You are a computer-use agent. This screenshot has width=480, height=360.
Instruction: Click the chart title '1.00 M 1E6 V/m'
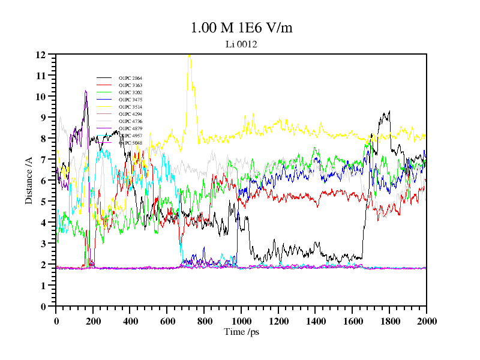(241, 28)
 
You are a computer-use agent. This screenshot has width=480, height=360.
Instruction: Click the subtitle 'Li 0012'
(241, 44)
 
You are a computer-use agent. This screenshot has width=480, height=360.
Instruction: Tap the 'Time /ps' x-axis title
(241, 332)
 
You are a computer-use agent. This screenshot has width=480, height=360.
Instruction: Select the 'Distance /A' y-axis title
(29, 181)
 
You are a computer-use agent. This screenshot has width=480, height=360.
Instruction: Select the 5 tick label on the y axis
(43, 202)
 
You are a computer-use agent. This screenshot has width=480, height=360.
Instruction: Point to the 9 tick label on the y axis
(43, 118)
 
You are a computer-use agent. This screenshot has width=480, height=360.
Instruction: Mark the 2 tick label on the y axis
(43, 265)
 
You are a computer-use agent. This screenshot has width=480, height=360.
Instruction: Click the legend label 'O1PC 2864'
(130, 79)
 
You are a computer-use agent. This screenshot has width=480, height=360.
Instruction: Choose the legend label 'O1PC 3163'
(130, 86)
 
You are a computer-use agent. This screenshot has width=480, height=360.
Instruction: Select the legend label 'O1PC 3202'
(130, 93)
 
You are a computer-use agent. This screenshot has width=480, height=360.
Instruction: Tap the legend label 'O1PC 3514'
(130, 107)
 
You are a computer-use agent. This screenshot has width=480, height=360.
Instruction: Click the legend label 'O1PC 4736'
(130, 121)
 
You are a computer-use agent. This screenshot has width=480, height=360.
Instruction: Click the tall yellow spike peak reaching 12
(190, 55)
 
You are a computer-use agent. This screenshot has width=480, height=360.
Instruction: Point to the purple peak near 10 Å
(86, 91)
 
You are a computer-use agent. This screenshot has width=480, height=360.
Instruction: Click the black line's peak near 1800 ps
(389, 112)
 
